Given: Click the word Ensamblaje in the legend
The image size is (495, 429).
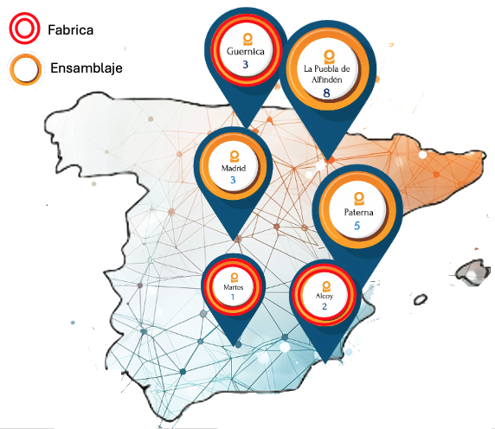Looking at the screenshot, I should click(x=86, y=68).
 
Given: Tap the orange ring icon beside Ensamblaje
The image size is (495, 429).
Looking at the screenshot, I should click(x=25, y=69).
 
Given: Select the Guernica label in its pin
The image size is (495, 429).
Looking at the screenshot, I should click(x=245, y=51).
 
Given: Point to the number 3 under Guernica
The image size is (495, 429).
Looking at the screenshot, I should click(x=245, y=65).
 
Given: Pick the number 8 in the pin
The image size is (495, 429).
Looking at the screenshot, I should click(x=326, y=93).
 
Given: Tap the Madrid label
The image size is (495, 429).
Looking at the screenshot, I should click(x=234, y=167).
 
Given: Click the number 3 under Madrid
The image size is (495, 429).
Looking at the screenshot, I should click(x=233, y=180).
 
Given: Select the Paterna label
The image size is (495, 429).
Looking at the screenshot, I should click(x=357, y=210).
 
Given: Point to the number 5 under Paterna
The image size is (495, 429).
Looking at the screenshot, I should click(x=357, y=226).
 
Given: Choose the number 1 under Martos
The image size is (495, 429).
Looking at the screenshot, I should click(x=233, y=297).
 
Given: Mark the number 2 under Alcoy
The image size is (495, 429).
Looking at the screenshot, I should click(x=324, y=306).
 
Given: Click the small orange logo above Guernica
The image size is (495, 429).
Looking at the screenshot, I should click(x=246, y=38).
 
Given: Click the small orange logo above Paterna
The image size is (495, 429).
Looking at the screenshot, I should click(x=357, y=195).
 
